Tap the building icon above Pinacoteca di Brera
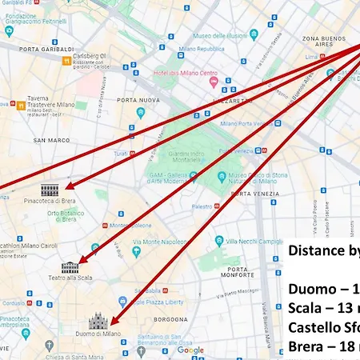point(50,190)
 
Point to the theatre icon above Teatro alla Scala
point(70,266)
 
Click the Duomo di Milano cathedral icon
point(98,322)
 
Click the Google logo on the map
point(190,350)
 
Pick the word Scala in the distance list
point(306,307)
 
